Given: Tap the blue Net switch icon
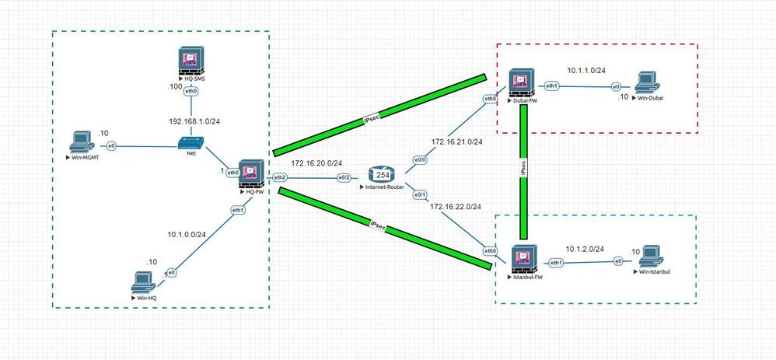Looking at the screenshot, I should point(191,142).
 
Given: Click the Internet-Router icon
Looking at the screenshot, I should point(383,175).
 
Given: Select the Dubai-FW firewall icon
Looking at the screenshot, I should point(520,82).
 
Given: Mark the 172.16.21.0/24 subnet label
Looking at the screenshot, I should point(456,142).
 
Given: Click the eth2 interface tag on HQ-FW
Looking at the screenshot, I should point(280,178).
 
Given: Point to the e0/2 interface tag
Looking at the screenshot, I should point(344,178).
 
